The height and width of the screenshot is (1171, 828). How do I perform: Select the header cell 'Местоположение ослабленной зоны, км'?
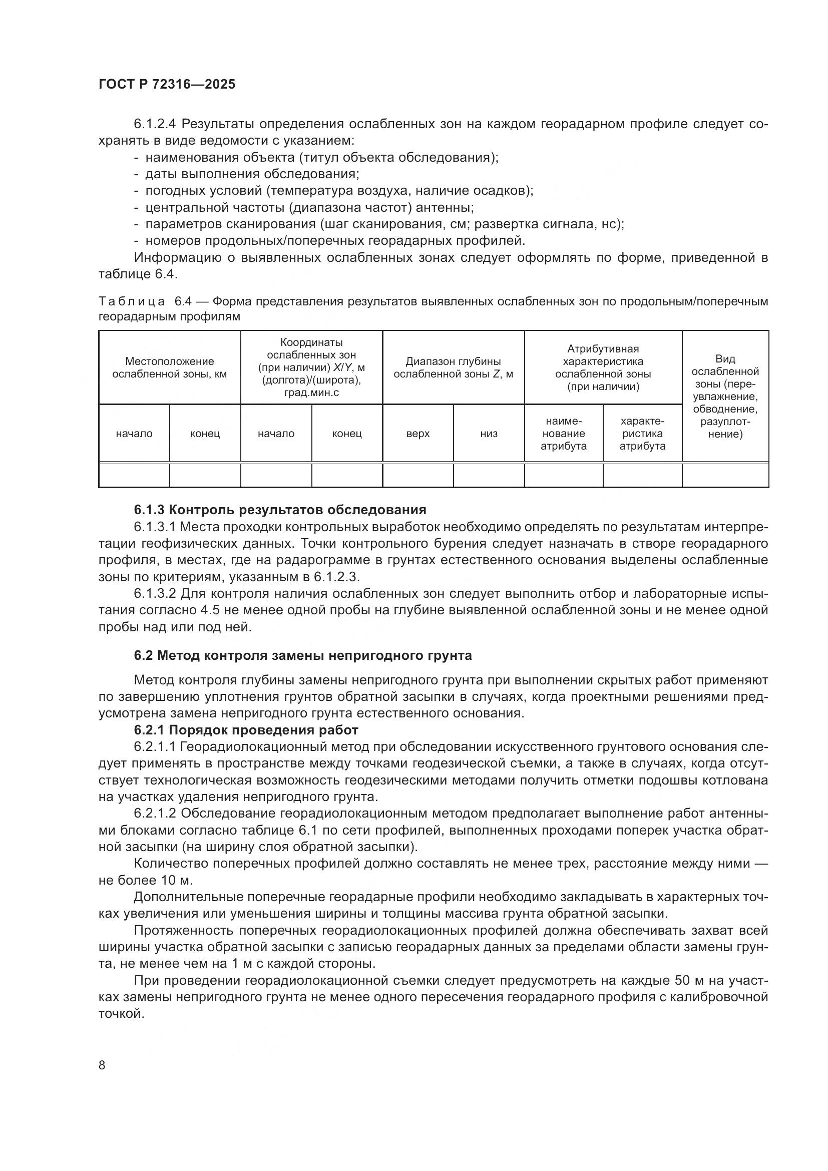coord(169,368)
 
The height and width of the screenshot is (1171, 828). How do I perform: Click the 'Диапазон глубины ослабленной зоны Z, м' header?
coord(453,368)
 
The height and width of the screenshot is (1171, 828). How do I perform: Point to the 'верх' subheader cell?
coord(418,434)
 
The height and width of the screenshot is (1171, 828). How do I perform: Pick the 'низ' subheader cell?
coord(489,434)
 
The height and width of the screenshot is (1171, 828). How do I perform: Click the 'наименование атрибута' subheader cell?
coord(563,434)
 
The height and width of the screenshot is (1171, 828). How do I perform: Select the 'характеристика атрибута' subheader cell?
coord(642,434)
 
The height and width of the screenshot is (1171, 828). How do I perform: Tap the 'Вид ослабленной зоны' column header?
coord(724,397)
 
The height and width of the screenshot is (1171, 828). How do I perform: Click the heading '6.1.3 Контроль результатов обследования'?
coord(280,510)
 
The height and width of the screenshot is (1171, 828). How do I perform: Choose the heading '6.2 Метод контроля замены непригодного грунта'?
coord(303,655)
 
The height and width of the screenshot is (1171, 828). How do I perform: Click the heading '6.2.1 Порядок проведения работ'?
coord(246,730)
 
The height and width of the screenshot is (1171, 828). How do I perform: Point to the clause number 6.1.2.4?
coord(156,124)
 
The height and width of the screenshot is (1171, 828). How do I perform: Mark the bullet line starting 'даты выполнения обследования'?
coord(252,174)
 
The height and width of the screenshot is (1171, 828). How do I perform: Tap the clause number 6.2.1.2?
coord(156,813)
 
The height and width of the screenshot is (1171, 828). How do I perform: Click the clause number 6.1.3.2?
coord(156,594)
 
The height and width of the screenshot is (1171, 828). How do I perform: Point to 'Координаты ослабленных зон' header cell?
coord(311,368)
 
